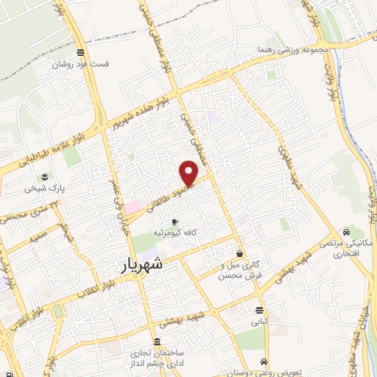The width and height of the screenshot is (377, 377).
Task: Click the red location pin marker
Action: pyautogui.click(x=189, y=173)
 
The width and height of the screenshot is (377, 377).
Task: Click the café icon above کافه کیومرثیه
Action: pyautogui.click(x=175, y=222)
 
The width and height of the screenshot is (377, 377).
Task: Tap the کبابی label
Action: pyautogui.click(x=260, y=322)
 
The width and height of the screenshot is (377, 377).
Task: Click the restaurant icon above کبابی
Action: pyautogui.click(x=259, y=310)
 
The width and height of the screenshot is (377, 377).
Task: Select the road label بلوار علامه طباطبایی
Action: pyautogui.click(x=37, y=159)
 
